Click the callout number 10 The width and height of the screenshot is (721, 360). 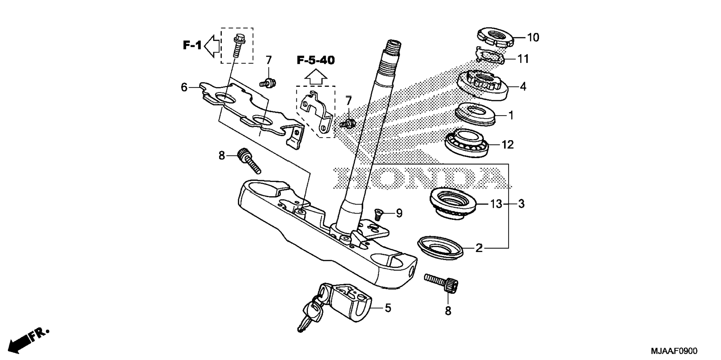pos(533,38)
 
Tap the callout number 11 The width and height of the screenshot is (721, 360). pos(523,59)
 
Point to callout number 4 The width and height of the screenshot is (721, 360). pos(523,87)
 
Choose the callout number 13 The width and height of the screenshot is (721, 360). pos(496,204)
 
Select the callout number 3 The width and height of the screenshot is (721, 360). pos(521,204)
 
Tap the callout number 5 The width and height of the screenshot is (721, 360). pos(388,308)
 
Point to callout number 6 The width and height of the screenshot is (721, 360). pos(184,88)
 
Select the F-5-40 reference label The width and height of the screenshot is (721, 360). pos(315,60)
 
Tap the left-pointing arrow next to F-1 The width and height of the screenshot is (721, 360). pos(212,46)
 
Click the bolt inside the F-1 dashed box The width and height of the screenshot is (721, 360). pos(237,45)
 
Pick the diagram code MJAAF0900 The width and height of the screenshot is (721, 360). pos(674,351)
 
